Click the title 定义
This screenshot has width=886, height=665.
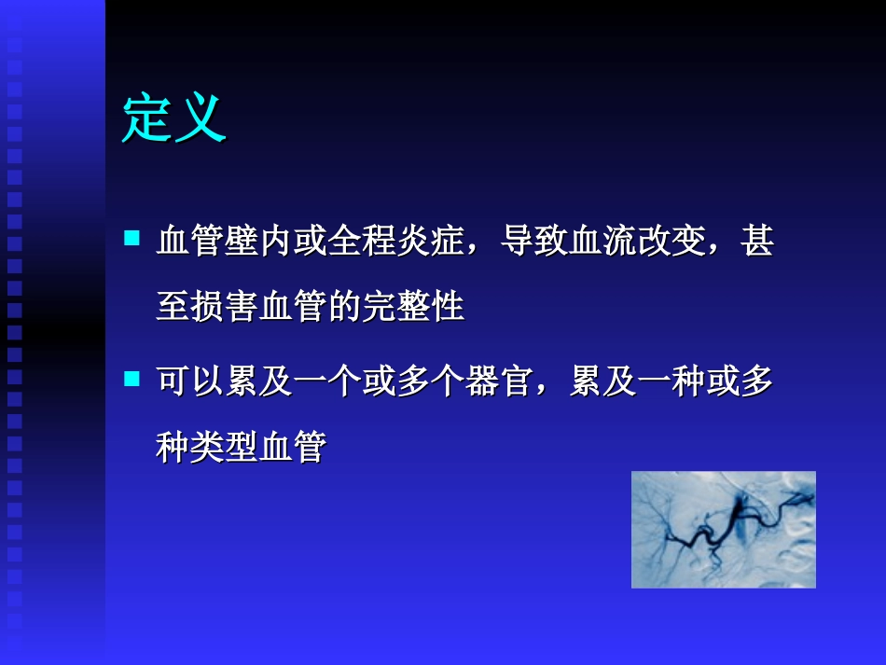click(173, 118)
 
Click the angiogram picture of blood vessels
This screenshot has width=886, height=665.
click(723, 529)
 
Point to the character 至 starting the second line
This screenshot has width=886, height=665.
click(173, 307)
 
